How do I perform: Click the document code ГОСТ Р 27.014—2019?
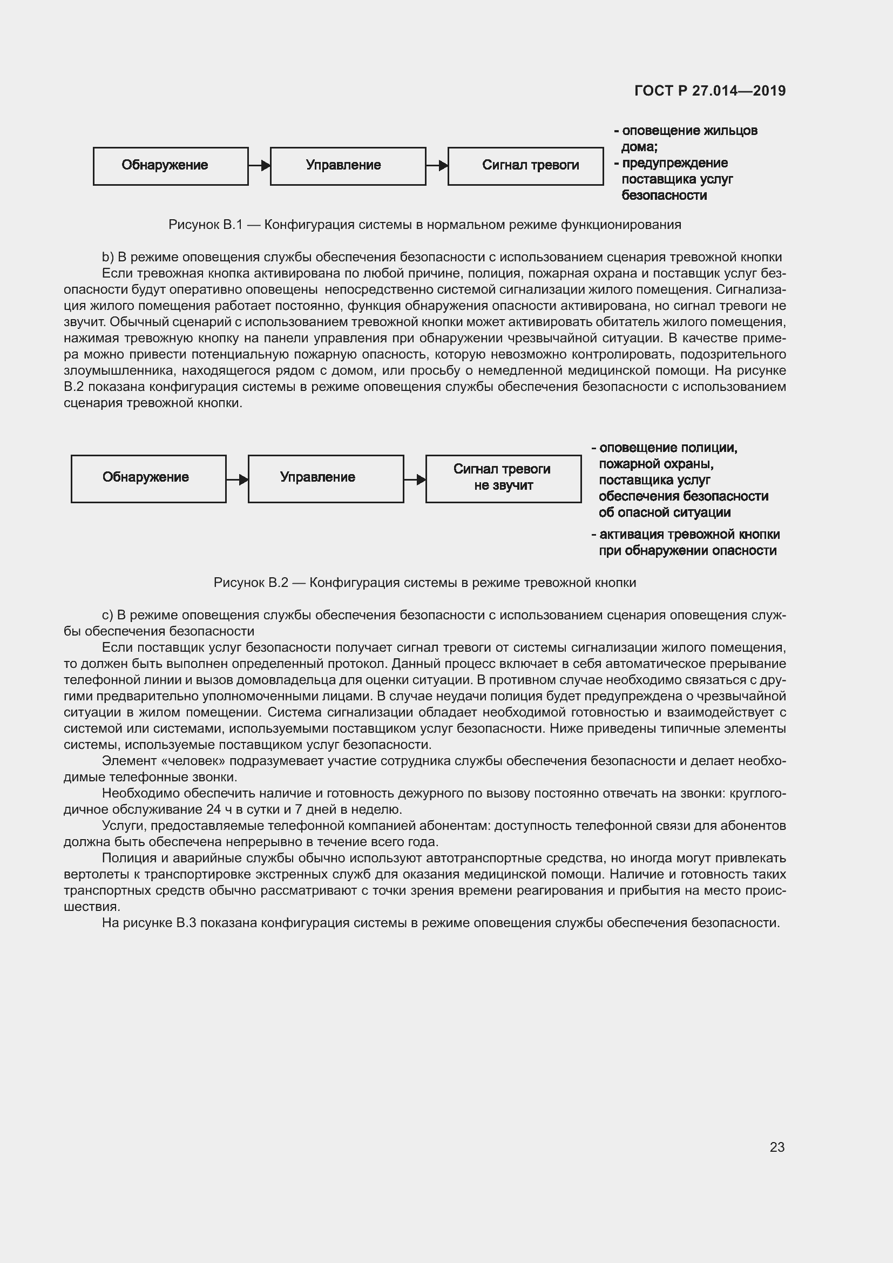(x=710, y=91)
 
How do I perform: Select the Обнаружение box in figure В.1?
(x=171, y=166)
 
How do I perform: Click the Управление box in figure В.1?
(x=348, y=166)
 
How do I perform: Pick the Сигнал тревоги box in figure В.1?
(x=525, y=166)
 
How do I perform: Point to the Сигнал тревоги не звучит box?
(x=503, y=478)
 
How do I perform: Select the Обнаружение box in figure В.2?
(x=148, y=478)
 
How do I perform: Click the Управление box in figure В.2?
(x=326, y=478)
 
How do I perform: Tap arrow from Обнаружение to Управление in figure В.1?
(x=260, y=165)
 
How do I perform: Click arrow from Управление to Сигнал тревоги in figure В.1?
(x=437, y=165)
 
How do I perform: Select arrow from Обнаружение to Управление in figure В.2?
(x=238, y=479)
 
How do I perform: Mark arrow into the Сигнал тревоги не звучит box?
(x=415, y=479)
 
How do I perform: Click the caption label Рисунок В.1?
(x=205, y=225)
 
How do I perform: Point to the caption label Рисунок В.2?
(x=250, y=583)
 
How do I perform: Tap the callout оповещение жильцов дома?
(x=689, y=138)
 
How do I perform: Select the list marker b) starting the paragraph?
(x=108, y=257)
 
